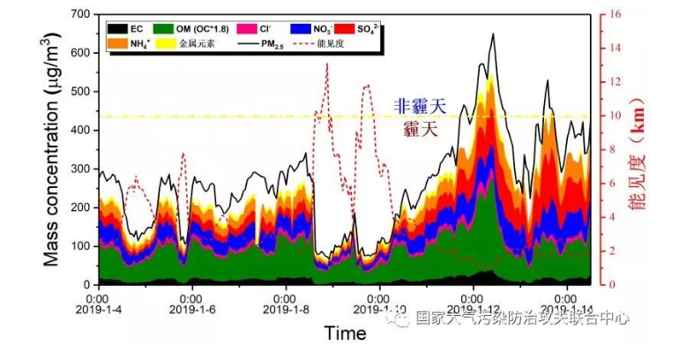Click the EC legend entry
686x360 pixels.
(x=122, y=29)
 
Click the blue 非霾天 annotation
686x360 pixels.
(x=420, y=107)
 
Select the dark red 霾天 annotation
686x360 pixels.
(x=420, y=129)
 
